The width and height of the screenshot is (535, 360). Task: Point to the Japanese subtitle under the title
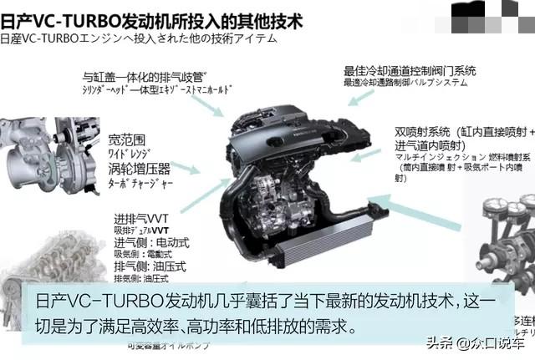pyautogui.click(x=138, y=38)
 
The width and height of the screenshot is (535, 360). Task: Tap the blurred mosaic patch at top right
pyautogui.click(x=493, y=10)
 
